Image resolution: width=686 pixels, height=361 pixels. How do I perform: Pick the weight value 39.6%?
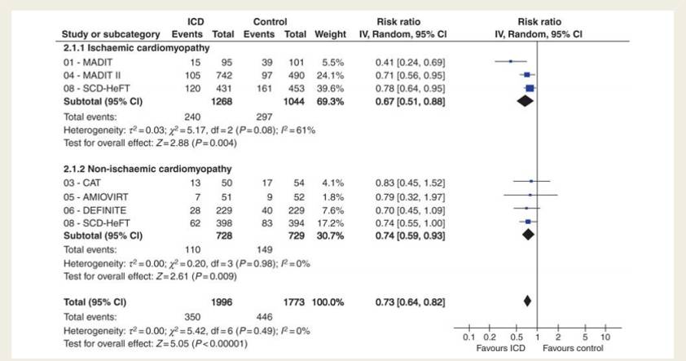pos(329,88)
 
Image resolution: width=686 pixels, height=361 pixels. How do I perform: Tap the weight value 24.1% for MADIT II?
pos(329,74)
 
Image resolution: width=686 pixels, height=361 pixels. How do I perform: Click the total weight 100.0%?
pos(328,301)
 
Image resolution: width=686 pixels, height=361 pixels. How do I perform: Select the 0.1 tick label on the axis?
pos(467,337)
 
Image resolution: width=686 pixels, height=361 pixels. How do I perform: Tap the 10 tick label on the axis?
pos(605,337)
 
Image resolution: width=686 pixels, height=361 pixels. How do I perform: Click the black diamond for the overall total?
pos(527,301)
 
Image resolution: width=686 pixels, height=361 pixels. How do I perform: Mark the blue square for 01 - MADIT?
pos(510,61)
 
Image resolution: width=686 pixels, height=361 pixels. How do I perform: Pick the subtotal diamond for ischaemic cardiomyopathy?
pos(523,101)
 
